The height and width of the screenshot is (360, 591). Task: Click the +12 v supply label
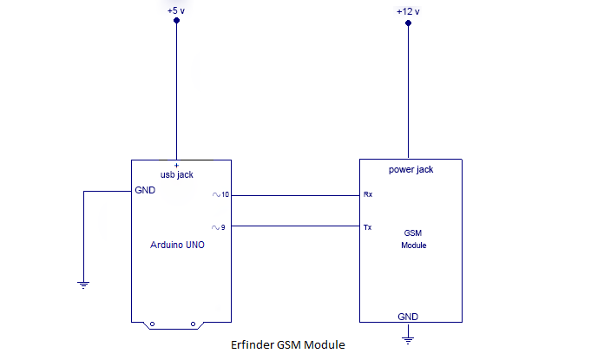[407, 11]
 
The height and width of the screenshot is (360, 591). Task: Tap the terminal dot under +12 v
[408, 24]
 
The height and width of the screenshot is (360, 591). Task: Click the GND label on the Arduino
[145, 191]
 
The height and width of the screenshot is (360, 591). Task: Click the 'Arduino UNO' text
[179, 245]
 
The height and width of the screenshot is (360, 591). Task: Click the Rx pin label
[368, 195]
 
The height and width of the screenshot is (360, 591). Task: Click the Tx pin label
[368, 227]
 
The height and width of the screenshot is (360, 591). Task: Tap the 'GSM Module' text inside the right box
[413, 239]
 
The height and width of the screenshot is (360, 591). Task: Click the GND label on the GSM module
[408, 316]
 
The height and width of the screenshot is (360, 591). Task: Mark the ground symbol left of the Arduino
[83, 283]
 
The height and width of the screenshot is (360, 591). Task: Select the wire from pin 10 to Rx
[295, 195]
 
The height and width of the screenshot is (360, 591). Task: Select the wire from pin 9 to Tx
[295, 226]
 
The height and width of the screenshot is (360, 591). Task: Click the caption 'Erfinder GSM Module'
[288, 345]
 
